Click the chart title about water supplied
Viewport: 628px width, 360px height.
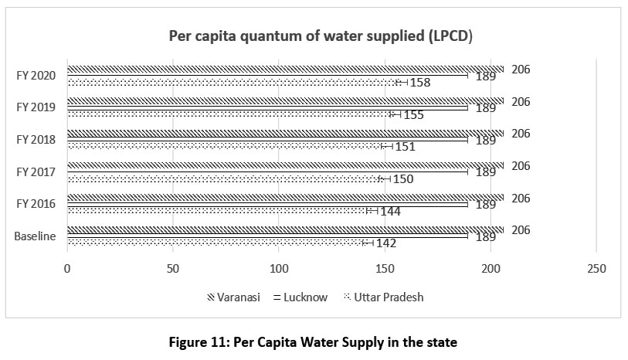tap(321, 37)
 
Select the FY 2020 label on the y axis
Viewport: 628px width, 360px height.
tap(36, 75)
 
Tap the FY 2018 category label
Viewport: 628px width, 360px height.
tap(36, 140)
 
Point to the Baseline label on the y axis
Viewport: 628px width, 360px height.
tap(35, 236)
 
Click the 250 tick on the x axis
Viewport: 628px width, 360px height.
tap(596, 268)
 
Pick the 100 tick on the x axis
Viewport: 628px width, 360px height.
tap(279, 268)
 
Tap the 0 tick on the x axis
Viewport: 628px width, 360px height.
tap(67, 268)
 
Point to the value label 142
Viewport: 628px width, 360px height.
tap(387, 243)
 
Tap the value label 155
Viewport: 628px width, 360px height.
tap(413, 115)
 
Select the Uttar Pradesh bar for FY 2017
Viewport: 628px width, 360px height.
tap(224, 178)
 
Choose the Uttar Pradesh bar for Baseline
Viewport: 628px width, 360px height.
tap(216, 243)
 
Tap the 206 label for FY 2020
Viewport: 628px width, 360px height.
tap(521, 69)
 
